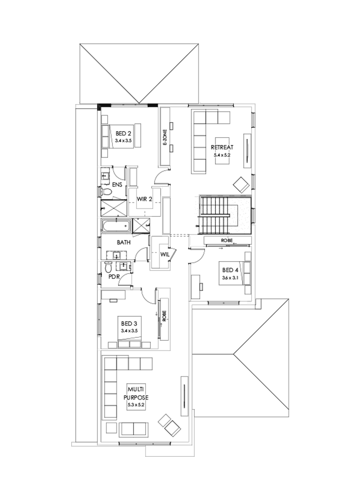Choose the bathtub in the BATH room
pyautogui.click(x=116, y=226)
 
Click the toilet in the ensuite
pyautogui.click(x=106, y=192)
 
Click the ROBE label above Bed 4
pyautogui.click(x=227, y=240)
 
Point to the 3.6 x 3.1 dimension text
pyautogui.click(x=230, y=278)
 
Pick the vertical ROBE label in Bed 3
pyautogui.click(x=164, y=317)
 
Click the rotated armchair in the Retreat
pyautogui.click(x=241, y=184)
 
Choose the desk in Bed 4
pyautogui.click(x=196, y=286)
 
